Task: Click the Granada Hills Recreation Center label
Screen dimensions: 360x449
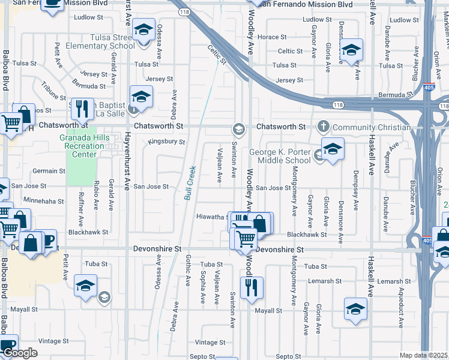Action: pos(82,146)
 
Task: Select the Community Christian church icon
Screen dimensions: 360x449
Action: pos(324,127)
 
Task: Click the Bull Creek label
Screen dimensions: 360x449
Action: pos(190,182)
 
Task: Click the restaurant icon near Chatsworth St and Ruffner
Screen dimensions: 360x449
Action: pos(82,109)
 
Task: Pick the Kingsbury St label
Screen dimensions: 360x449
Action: pos(166,142)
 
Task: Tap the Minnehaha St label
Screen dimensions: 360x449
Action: pos(43,201)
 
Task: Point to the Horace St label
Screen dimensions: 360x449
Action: pos(271,37)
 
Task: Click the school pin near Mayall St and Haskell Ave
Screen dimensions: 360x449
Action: pos(355,310)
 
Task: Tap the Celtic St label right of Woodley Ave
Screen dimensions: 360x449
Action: pos(291,52)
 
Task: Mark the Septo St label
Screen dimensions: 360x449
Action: pos(289,356)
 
